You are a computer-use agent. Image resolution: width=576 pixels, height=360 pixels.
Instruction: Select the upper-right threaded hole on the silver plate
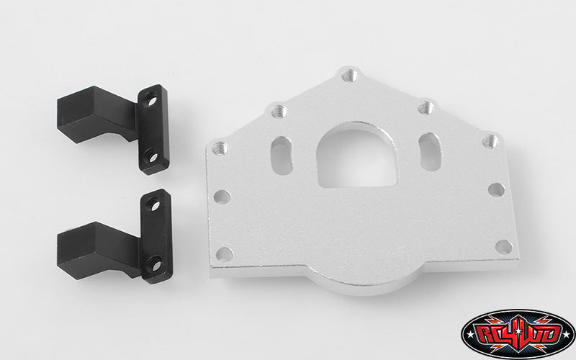coord(426,107)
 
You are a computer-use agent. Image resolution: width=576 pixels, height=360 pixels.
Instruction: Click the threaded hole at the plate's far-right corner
coord(490,140)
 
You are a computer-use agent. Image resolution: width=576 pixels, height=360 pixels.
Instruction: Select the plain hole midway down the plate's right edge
coord(496,189)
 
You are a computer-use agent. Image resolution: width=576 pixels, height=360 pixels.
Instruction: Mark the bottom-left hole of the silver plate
coord(225,253)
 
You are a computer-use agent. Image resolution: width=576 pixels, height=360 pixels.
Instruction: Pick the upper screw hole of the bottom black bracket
coord(154,207)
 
